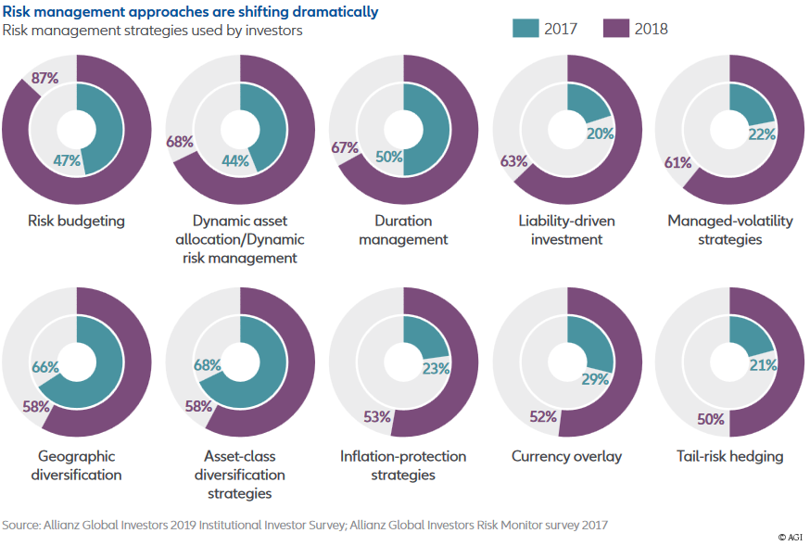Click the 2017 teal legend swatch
(x=525, y=28)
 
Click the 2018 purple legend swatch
(x=616, y=28)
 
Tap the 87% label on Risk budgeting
(x=44, y=79)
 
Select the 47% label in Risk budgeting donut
(x=68, y=160)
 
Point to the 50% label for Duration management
(x=388, y=157)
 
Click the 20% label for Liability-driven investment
(x=601, y=133)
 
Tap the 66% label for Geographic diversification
(x=45, y=368)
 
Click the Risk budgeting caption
(x=76, y=221)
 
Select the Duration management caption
(x=403, y=230)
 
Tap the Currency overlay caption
(x=566, y=456)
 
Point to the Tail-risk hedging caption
(x=729, y=456)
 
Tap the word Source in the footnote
(x=20, y=525)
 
